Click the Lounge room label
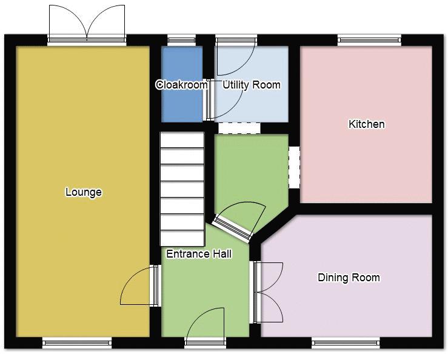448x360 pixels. point(84,192)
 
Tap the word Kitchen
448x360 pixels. point(367,124)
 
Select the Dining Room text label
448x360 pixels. point(349,278)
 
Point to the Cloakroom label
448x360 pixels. point(182,85)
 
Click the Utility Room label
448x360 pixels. point(252,85)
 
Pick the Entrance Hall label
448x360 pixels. point(199,254)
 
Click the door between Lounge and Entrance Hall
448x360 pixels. point(139,285)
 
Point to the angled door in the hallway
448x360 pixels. point(239,221)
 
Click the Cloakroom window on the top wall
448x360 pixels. point(181,40)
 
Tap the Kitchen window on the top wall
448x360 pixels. point(369,40)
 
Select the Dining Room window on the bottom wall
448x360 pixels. point(346,343)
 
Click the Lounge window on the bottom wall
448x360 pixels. point(77,343)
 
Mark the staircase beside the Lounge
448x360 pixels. point(182,188)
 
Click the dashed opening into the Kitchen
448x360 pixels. point(294,167)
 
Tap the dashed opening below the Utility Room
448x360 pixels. point(239,128)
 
